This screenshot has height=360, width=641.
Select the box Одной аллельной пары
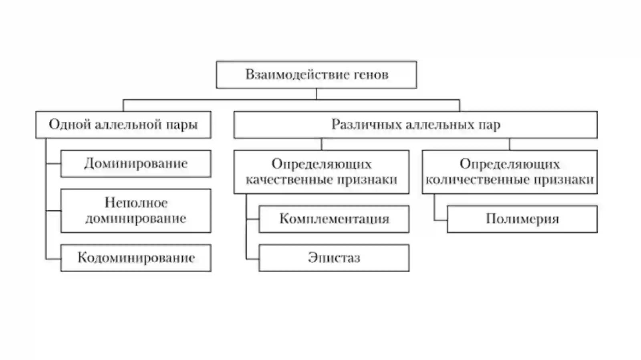(123, 125)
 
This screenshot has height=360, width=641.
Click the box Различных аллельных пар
(415, 125)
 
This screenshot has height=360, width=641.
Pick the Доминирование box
(136, 164)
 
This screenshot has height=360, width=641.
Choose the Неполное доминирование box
(136, 211)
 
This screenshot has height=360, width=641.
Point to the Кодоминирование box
(136, 258)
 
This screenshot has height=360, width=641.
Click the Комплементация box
(334, 219)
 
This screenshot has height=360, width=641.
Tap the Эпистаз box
(334, 258)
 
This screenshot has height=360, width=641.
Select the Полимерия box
(522, 219)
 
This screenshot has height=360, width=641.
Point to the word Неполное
(136, 203)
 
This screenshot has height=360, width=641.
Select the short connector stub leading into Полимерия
(441, 220)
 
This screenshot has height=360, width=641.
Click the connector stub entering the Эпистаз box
(253, 259)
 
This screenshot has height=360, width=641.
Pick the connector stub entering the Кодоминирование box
(53, 259)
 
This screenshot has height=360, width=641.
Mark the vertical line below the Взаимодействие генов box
(316, 94)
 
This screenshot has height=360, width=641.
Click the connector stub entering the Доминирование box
(53, 164)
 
